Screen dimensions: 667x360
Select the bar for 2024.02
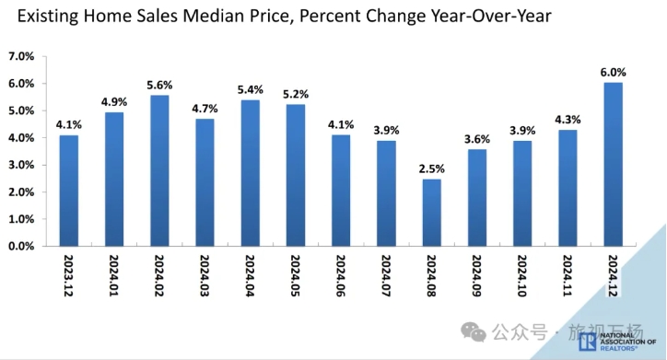pos(159,171)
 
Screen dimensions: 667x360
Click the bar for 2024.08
pos(432,213)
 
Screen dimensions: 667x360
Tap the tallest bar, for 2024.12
pos(613,165)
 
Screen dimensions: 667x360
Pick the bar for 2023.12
pos(69,191)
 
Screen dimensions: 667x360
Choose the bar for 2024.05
pos(296,176)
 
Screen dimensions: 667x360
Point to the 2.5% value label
pos(432,168)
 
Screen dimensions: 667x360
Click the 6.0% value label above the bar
pos(613,72)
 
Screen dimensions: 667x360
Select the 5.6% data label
pos(159,85)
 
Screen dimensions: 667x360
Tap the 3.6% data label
pos(477,139)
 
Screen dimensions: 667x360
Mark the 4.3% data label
pos(568,120)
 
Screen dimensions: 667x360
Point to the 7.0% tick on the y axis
pos(21,56)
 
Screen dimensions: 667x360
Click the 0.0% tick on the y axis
pos(21,246)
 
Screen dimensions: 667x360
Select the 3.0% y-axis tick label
pos(21,165)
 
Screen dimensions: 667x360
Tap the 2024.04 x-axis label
pos(251,275)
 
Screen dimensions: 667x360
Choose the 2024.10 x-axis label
pos(522,275)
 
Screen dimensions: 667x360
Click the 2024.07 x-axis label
pos(386,275)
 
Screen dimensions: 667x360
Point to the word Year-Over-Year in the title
pos(491,17)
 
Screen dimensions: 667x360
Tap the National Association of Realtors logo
pos(617,342)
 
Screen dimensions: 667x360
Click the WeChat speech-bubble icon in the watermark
pos(474,331)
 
